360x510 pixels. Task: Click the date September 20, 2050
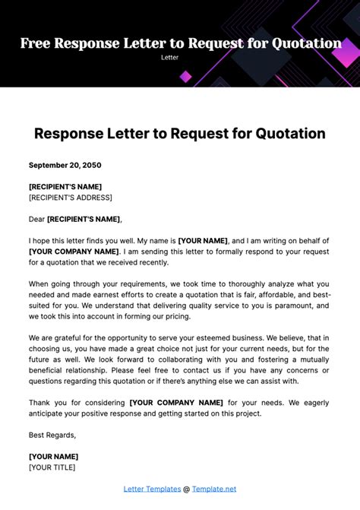pyautogui.click(x=65, y=165)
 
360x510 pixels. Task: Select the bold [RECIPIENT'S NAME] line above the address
pyautogui.click(x=65, y=187)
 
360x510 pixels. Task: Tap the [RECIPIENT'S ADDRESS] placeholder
pyautogui.click(x=70, y=198)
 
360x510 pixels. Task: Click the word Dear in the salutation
pyautogui.click(x=36, y=219)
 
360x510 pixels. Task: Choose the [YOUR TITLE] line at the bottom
pyautogui.click(x=52, y=467)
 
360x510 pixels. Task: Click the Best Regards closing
pyautogui.click(x=52, y=435)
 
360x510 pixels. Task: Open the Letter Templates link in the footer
pyautogui.click(x=152, y=489)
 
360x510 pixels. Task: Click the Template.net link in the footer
pyautogui.click(x=214, y=489)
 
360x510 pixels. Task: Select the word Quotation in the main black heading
pyautogui.click(x=283, y=134)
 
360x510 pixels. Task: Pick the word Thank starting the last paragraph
pyautogui.click(x=41, y=403)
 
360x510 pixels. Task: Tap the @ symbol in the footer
pyautogui.click(x=187, y=489)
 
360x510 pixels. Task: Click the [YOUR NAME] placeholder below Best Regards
pyautogui.click(x=53, y=456)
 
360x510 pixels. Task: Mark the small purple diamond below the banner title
pyautogui.click(x=185, y=76)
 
